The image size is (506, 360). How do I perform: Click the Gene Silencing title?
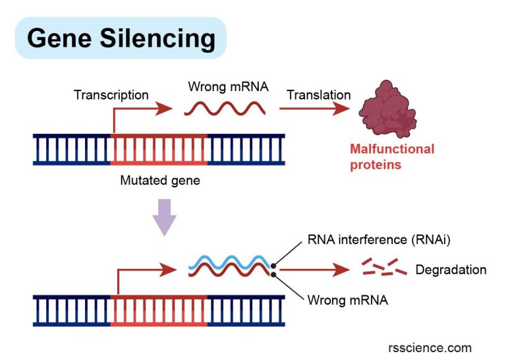[121, 39]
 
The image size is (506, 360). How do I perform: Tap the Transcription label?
[111, 95]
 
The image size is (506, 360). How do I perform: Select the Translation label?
[318, 95]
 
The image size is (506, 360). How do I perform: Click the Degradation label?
[451, 270]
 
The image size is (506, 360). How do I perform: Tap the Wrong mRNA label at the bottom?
[347, 301]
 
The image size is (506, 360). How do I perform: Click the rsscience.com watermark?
[430, 347]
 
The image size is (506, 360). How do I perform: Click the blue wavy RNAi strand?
[231, 261]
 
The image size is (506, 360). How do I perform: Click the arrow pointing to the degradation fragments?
[314, 270]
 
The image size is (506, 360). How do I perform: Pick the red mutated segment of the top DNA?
[159, 149]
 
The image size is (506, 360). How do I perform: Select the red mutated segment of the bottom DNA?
[159, 310]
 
